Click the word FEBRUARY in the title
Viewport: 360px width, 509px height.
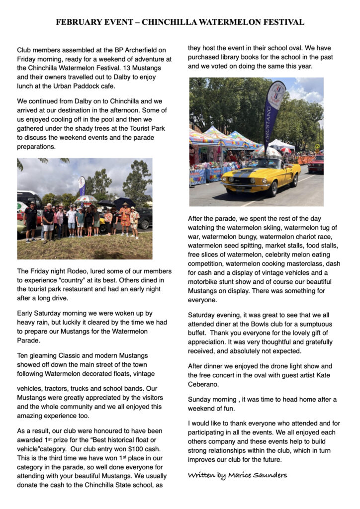pos(78,22)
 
